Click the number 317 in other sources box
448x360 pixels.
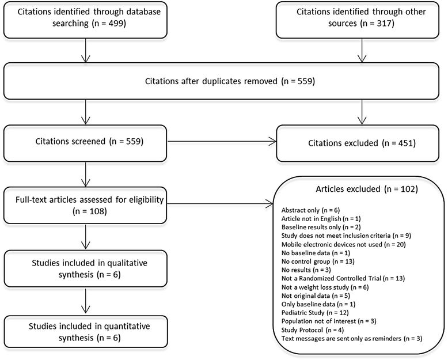[x=384, y=23]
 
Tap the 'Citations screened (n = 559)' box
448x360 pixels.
[x=85, y=143]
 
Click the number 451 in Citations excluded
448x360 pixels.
[x=406, y=143]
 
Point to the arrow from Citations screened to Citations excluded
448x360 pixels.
[x=222, y=141]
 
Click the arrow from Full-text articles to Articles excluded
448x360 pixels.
[x=220, y=204]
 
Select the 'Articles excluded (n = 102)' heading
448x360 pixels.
[x=367, y=189]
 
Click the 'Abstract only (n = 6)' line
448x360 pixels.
[x=310, y=210]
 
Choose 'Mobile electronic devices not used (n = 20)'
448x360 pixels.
[x=343, y=244]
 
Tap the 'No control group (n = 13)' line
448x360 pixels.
[x=318, y=262]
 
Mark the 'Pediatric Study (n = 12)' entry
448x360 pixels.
[x=315, y=313]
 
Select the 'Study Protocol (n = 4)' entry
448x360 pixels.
[x=313, y=330]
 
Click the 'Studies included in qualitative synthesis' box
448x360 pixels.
[x=85, y=268]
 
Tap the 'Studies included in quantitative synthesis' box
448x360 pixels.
[x=85, y=332]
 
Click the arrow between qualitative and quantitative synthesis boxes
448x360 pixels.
[x=85, y=301]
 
